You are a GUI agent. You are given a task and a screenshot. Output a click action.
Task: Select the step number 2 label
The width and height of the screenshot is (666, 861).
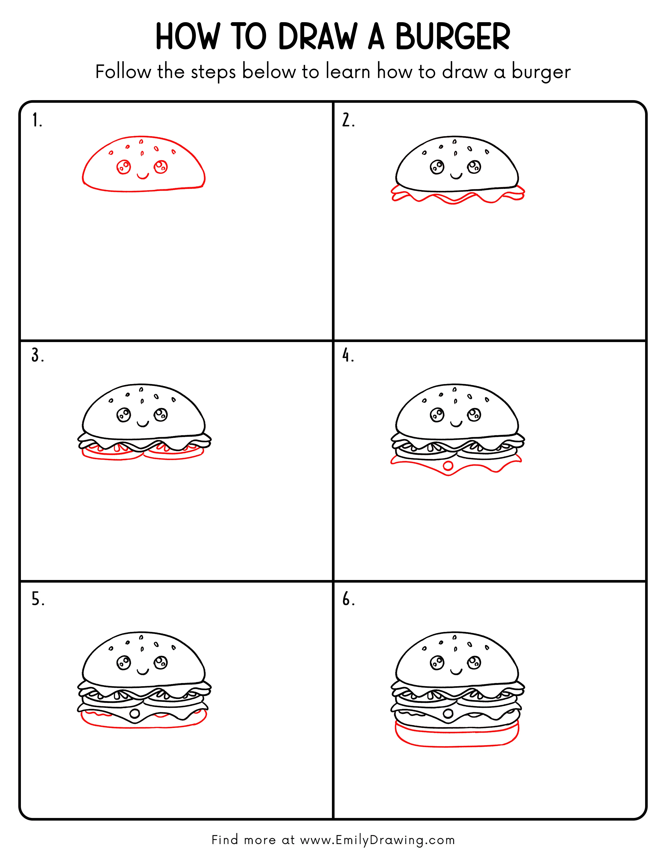[348, 120]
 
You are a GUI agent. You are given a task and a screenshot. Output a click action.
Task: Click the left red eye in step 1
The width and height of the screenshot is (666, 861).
[124, 167]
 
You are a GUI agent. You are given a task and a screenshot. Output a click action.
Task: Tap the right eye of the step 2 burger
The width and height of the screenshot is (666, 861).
[474, 167]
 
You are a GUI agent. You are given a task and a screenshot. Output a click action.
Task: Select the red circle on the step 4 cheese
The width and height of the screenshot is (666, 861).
[448, 465]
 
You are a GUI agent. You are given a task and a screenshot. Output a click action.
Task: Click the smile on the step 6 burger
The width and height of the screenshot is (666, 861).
[456, 671]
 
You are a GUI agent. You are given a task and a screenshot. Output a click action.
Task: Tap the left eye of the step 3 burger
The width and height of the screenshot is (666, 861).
[124, 415]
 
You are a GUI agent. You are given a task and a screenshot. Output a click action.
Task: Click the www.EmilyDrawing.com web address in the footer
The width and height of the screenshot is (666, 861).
[377, 840]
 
